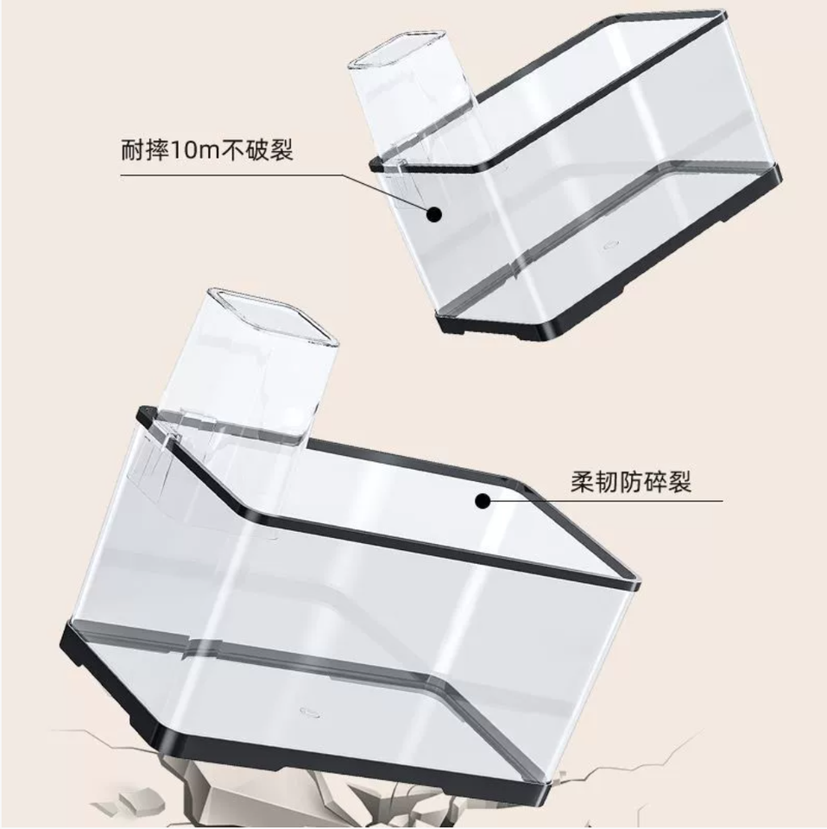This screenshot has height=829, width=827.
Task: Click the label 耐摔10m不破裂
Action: coord(208,150)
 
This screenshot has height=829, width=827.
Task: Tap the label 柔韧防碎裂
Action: coord(631,480)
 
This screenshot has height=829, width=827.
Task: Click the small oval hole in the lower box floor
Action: coord(307,713)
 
